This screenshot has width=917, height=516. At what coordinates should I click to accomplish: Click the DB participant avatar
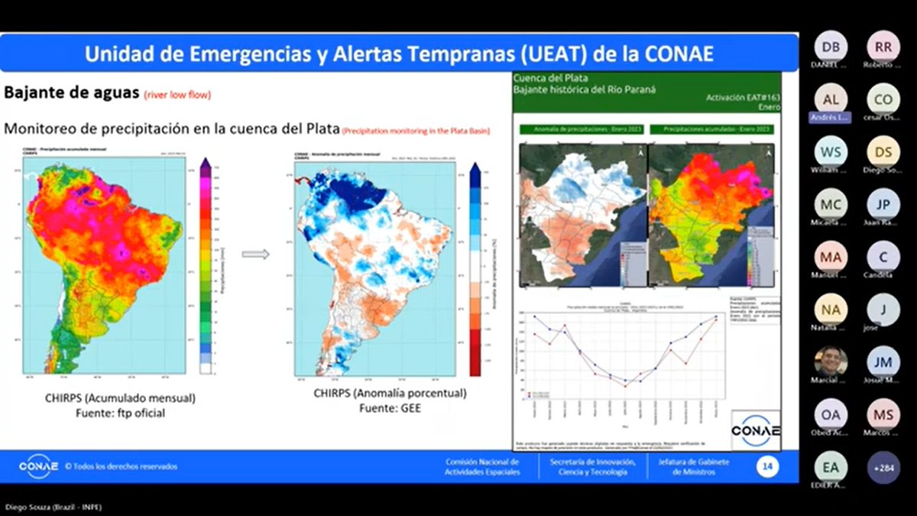pos(830,46)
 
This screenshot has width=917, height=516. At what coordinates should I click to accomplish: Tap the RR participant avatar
pos(883,46)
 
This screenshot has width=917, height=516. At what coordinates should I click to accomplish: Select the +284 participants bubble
pos(883,466)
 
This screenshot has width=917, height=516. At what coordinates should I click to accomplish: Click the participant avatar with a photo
pos(830,361)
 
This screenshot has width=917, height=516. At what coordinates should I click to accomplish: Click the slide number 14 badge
pos(767,466)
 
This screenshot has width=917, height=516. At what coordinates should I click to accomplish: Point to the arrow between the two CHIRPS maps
pos(255,254)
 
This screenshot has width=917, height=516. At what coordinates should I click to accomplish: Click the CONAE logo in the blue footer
pos(37,466)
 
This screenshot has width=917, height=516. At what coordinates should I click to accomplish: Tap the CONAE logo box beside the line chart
pos(755,430)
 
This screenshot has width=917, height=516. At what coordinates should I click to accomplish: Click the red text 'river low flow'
pos(177,96)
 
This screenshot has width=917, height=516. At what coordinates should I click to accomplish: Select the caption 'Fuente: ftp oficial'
pos(121,413)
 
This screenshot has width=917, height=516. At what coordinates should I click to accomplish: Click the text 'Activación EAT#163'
pos(739,99)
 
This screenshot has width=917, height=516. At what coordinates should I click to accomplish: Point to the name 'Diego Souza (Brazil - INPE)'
pos(53,508)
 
